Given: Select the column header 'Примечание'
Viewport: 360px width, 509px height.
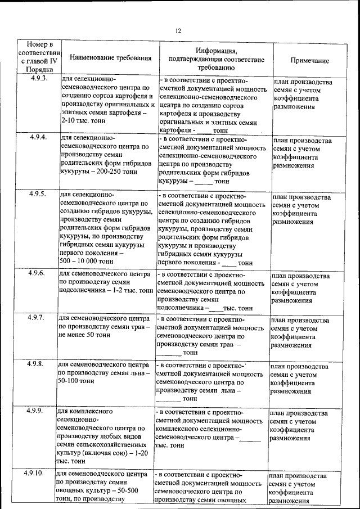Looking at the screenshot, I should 309,61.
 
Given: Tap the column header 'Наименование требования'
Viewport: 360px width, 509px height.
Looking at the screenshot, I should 111,58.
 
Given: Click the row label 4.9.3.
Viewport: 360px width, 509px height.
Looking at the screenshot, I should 39,79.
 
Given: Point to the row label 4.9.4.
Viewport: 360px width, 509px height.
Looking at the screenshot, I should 39,137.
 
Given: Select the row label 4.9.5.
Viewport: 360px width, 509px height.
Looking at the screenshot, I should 39,195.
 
